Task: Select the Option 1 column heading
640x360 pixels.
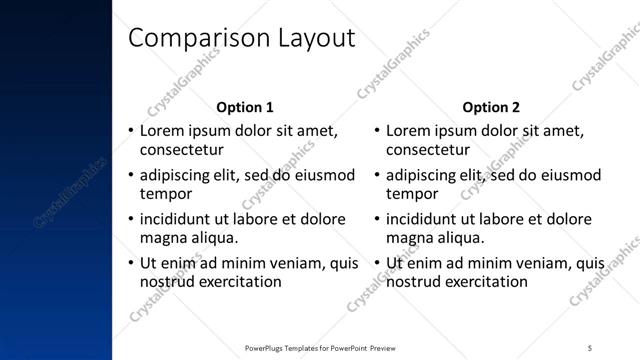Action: tap(245, 107)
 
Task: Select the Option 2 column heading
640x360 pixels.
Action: tap(491, 107)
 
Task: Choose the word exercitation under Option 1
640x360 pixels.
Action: tap(239, 282)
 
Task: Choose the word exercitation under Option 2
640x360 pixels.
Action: tap(485, 282)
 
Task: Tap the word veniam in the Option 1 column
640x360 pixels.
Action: tap(299, 264)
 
